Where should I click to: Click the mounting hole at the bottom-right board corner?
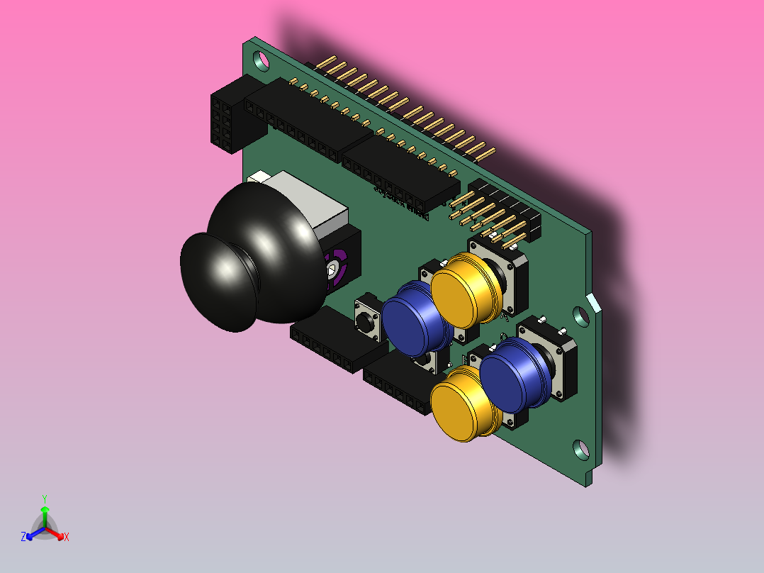click(580, 448)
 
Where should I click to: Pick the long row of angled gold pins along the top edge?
click(404, 106)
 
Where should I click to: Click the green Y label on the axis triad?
click(45, 498)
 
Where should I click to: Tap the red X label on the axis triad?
click(66, 538)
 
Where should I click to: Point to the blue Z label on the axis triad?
click(23, 538)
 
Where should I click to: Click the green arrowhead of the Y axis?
click(45, 510)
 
